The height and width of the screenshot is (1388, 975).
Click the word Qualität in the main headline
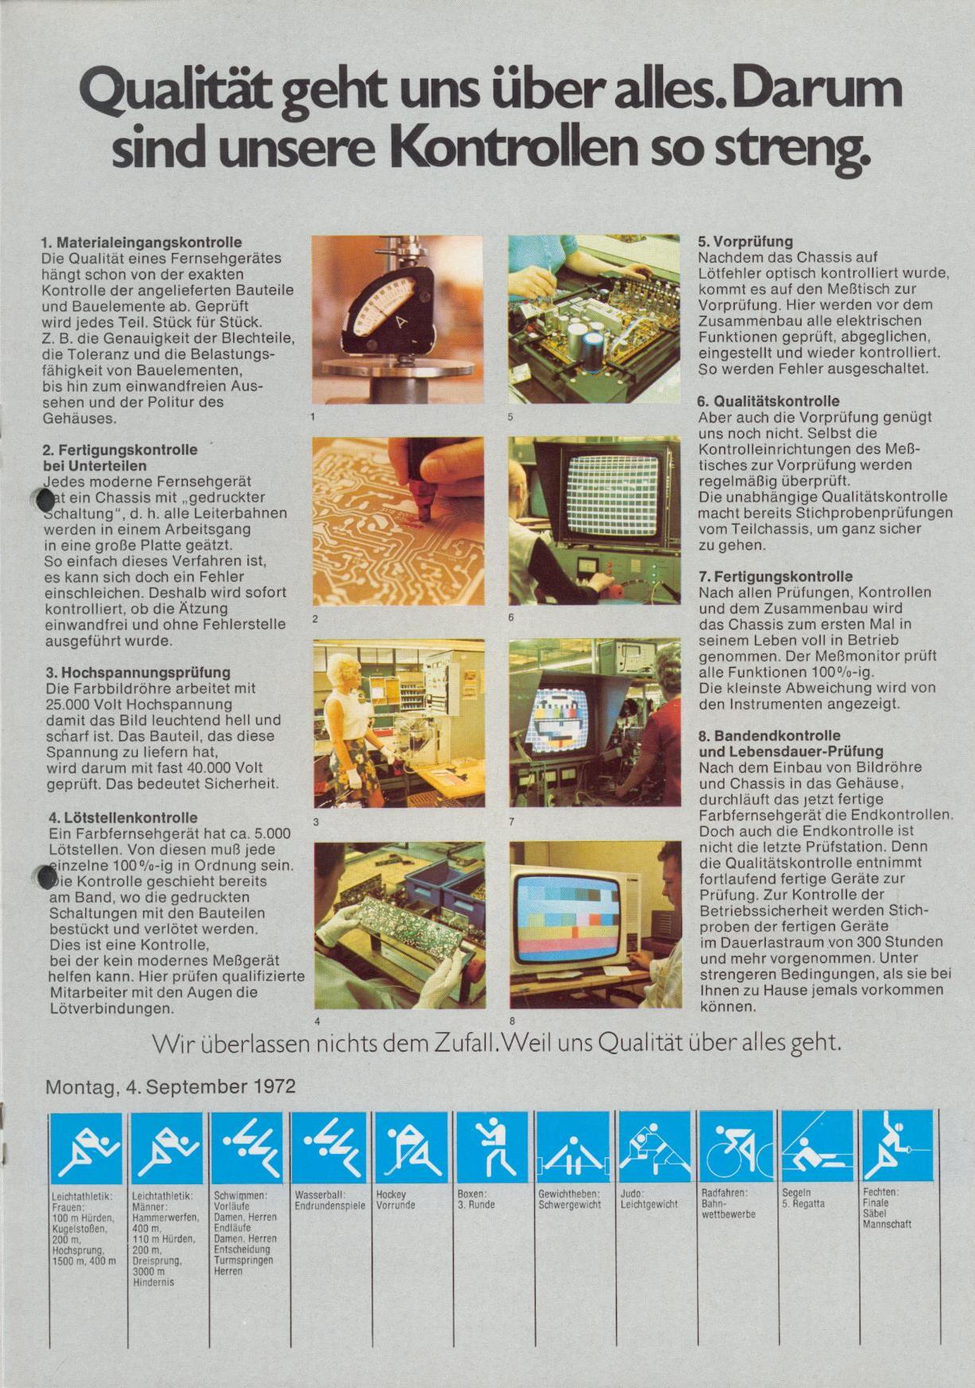[x=177, y=95]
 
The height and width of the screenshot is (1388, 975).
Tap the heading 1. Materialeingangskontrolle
[x=142, y=242]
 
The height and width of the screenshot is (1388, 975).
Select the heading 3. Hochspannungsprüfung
[x=138, y=673]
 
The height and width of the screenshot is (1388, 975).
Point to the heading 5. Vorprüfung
[x=745, y=242]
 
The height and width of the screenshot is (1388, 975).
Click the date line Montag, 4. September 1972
[x=170, y=1086]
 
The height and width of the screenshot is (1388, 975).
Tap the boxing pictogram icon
[x=492, y=1146]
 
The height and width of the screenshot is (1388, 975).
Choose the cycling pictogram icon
[x=735, y=1146]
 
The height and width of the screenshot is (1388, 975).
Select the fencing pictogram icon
[x=898, y=1146]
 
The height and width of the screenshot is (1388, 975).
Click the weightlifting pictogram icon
[x=573, y=1146]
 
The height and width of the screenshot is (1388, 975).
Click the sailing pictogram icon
[x=817, y=1146]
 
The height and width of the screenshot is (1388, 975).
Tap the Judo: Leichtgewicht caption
[x=649, y=1199]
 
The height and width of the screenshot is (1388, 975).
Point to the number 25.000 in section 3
[x=69, y=704]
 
